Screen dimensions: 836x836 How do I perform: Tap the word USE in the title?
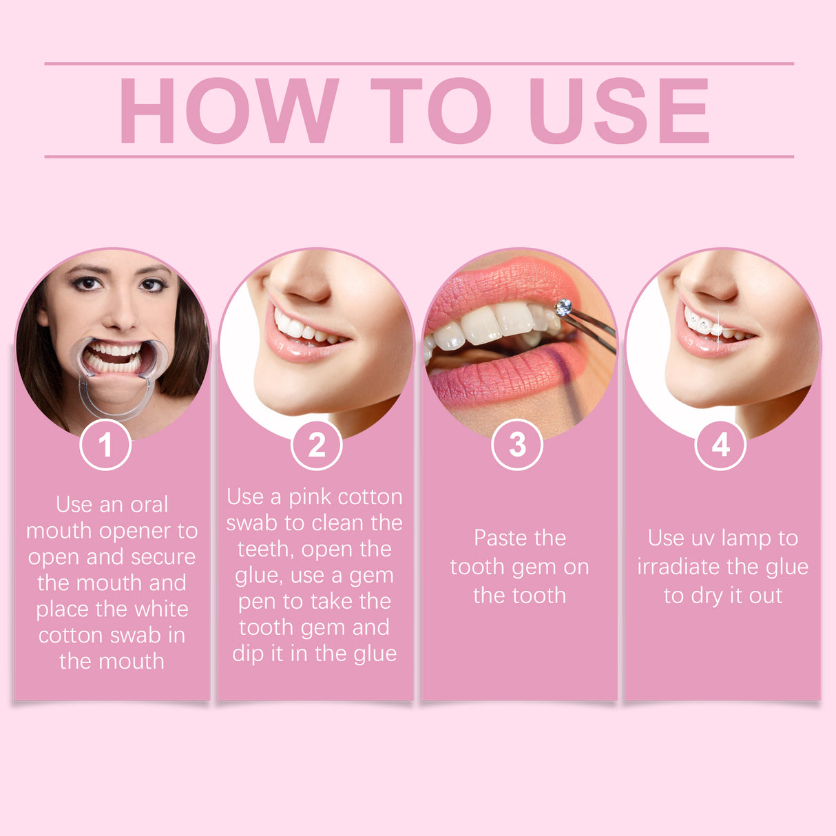(618, 110)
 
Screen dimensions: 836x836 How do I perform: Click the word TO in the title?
(431, 110)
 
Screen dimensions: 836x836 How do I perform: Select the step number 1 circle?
(105, 445)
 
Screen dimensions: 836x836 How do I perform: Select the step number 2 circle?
(317, 445)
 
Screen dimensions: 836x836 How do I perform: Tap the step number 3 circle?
(517, 445)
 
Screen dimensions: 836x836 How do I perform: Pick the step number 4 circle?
(720, 445)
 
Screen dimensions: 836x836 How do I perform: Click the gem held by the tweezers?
(563, 307)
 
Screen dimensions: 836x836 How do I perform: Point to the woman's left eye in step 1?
(152, 284)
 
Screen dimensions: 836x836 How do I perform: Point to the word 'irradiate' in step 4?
(678, 567)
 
